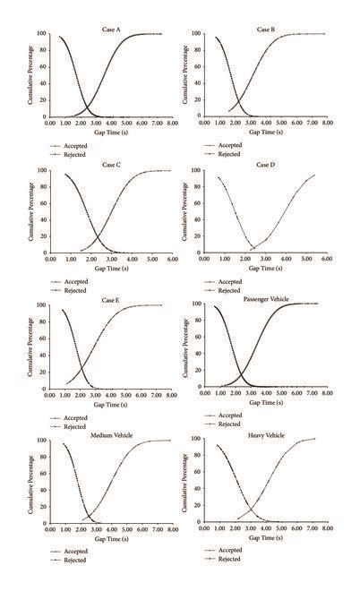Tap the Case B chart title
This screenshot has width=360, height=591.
[265, 30]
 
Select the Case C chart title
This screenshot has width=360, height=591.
[112, 166]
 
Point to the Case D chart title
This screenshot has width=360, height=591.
[266, 166]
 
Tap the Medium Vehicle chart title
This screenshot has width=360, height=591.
[113, 436]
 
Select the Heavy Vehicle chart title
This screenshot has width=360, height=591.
[266, 436]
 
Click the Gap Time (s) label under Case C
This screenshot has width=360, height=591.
[106, 266]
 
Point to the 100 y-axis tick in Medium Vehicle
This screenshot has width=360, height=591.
[42, 441]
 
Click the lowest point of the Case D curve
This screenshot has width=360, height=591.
[253, 248]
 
